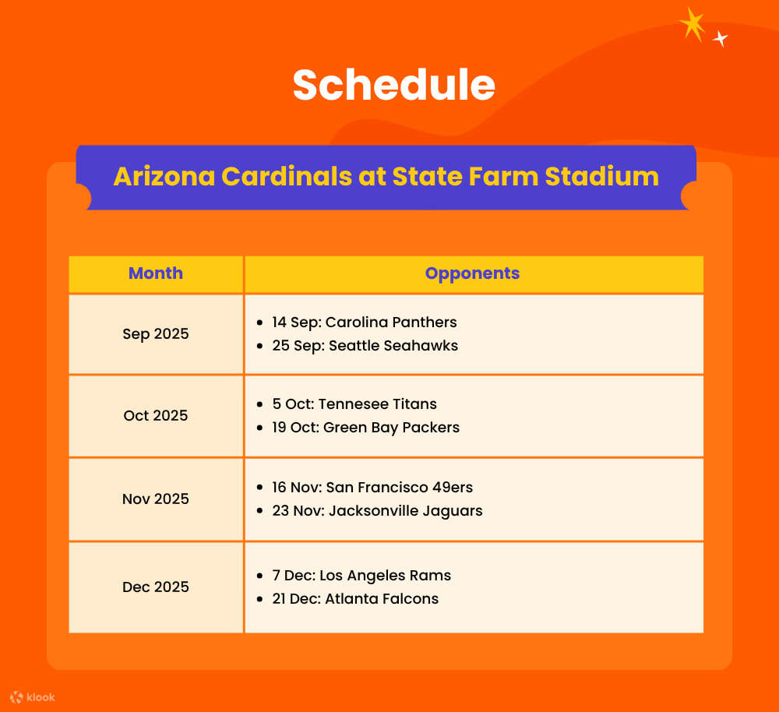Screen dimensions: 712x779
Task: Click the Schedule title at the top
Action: (x=393, y=85)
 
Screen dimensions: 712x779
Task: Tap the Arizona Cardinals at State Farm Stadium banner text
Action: (x=386, y=176)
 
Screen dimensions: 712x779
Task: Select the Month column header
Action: (x=156, y=273)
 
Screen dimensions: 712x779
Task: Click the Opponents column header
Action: (x=472, y=273)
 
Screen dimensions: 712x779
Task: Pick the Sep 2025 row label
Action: (x=156, y=334)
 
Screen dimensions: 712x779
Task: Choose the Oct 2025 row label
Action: (x=156, y=416)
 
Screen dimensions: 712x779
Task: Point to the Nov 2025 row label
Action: (x=156, y=499)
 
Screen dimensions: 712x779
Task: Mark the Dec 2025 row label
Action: (x=156, y=587)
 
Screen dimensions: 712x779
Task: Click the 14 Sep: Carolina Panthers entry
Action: (x=364, y=323)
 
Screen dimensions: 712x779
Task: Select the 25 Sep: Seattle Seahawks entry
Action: (x=365, y=346)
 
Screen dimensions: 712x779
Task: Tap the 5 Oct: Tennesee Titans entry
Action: (x=354, y=404)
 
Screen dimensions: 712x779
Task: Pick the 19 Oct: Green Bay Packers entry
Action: (x=365, y=428)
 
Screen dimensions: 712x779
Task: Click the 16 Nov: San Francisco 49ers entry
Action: (x=372, y=488)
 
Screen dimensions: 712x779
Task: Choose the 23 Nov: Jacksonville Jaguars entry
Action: (x=377, y=511)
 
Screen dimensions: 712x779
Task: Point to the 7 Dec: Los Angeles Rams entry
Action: (x=361, y=576)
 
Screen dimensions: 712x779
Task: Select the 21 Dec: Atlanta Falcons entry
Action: (x=354, y=599)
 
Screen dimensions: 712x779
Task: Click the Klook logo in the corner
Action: (x=33, y=697)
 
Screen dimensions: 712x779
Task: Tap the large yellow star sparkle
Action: (x=692, y=23)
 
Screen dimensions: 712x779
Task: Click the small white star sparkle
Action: (x=721, y=38)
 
